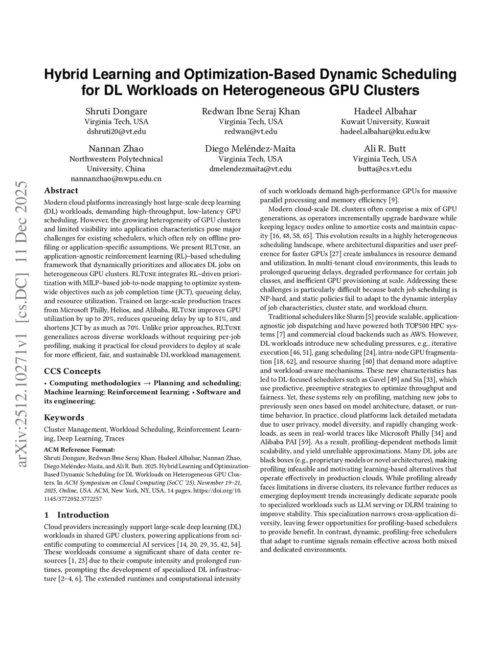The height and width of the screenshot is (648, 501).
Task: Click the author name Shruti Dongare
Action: point(116,111)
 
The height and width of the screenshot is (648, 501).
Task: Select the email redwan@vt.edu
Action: point(250,131)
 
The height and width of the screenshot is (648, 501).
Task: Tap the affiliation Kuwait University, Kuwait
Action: point(385,121)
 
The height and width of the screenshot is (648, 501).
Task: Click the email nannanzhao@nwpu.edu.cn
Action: point(116,179)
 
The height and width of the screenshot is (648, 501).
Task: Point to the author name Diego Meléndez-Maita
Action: point(250,149)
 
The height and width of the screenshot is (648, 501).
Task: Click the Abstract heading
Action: point(61,190)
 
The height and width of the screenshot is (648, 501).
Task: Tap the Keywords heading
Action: point(64,417)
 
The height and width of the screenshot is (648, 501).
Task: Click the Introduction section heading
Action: point(83,514)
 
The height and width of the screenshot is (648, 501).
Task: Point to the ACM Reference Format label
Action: point(79,449)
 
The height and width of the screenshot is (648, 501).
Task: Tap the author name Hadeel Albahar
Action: point(385,111)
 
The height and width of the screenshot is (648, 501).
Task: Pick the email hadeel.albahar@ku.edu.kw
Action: point(385,131)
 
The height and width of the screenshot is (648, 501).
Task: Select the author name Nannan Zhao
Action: point(116,149)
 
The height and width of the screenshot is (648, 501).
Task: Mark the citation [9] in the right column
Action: point(393,200)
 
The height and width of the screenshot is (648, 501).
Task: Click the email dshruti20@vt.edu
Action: point(116,131)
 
